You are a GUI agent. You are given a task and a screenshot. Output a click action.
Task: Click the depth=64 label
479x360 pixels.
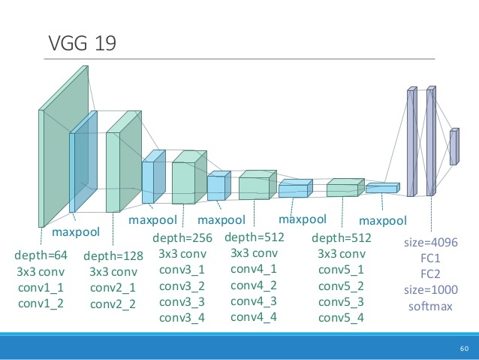[41, 256]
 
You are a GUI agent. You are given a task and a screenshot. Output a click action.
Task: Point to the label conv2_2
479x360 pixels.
[113, 304]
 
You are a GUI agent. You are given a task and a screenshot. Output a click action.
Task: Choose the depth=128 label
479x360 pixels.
[113, 256]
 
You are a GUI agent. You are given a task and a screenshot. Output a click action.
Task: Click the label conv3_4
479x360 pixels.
[182, 317]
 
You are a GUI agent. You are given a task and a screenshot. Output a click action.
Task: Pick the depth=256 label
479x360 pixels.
[182, 238]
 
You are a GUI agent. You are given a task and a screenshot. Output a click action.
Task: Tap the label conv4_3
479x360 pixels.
[254, 301]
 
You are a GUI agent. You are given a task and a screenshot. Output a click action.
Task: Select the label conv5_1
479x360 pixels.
[341, 270]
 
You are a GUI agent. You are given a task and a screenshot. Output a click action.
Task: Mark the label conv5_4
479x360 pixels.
[341, 317]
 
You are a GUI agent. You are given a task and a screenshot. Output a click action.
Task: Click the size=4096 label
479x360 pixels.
[431, 242]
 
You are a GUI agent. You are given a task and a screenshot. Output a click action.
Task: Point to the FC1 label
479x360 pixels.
[431, 258]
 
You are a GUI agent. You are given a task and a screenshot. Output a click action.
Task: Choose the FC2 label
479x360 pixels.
[431, 274]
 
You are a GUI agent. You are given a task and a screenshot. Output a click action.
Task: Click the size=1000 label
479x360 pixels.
[431, 290]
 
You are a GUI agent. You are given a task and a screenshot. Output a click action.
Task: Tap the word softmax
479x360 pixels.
[431, 307]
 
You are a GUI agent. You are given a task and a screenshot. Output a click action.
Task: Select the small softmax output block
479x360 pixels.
[453, 147]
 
